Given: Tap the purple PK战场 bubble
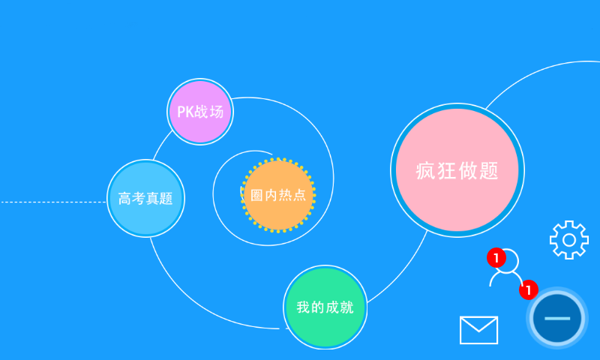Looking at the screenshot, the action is (200, 112).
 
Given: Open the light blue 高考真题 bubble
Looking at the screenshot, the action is (145, 199).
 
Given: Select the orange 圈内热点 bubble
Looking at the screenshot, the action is (278, 195).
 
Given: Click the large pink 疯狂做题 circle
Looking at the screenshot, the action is (457, 170).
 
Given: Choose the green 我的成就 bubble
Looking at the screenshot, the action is (325, 307).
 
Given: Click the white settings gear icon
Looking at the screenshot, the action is (568, 240).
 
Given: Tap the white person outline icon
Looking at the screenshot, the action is (506, 269).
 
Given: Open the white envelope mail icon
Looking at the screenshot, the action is (478, 330).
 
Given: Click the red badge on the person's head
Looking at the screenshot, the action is (496, 258).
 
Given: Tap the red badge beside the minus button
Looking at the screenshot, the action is (529, 289).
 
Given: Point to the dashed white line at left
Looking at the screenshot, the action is (52, 202).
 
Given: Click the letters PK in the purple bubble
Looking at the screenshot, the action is (185, 112).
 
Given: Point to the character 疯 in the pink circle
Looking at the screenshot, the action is (426, 171).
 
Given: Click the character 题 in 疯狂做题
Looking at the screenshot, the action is (489, 171).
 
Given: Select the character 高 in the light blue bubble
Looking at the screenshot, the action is (124, 199).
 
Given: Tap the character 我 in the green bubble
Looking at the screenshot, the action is (303, 307).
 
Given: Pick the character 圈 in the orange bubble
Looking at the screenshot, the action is (257, 195).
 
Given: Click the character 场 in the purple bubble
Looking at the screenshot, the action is (216, 112).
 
